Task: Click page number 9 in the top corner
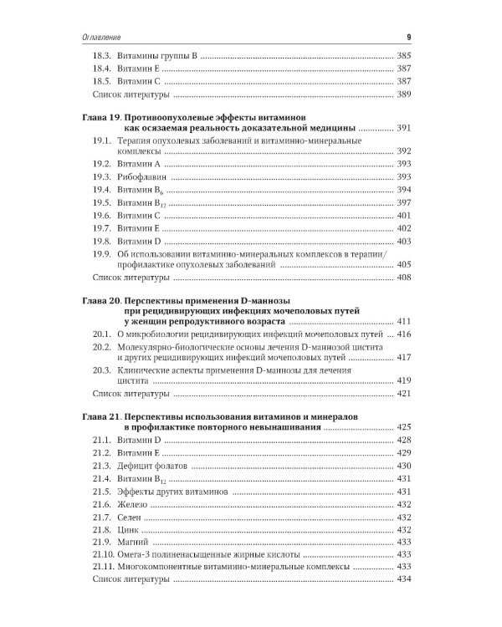tap(407, 37)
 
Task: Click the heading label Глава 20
tap(104, 298)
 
